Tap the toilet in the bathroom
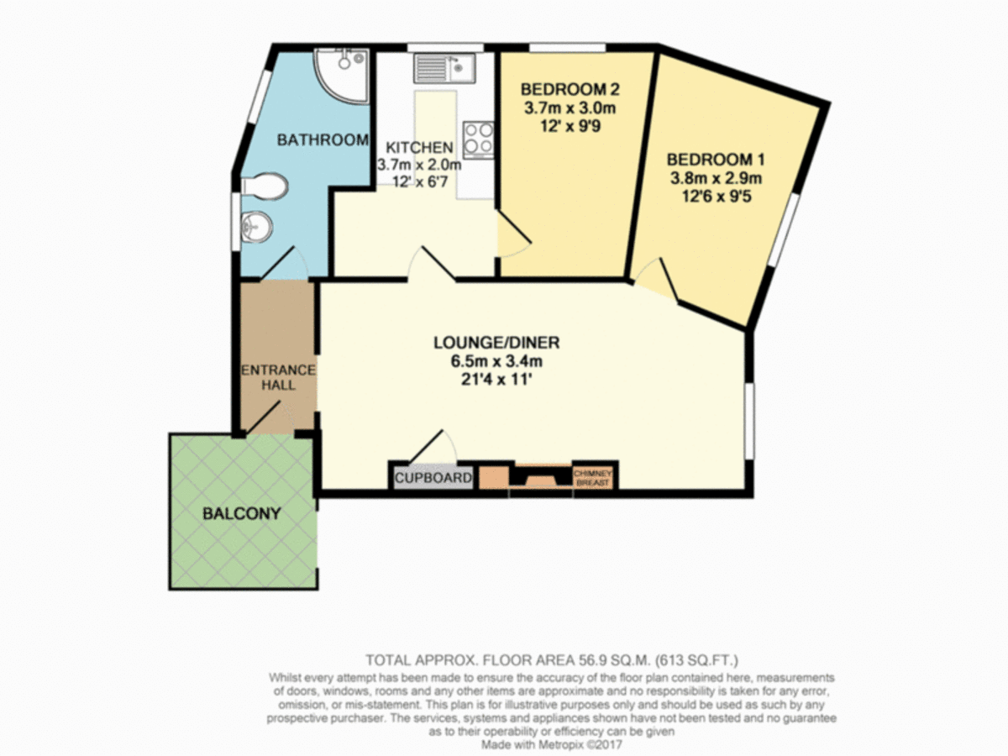click(x=268, y=186)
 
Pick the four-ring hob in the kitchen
click(x=478, y=139)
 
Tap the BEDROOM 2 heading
click(x=564, y=90)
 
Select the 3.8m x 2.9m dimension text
click(x=714, y=178)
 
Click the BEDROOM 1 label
click(x=714, y=159)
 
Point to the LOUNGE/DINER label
click(x=496, y=343)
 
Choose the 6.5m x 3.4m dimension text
click(x=496, y=361)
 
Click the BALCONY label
click(x=241, y=512)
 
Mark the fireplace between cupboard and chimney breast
click(x=539, y=478)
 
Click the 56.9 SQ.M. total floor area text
click(x=605, y=659)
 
